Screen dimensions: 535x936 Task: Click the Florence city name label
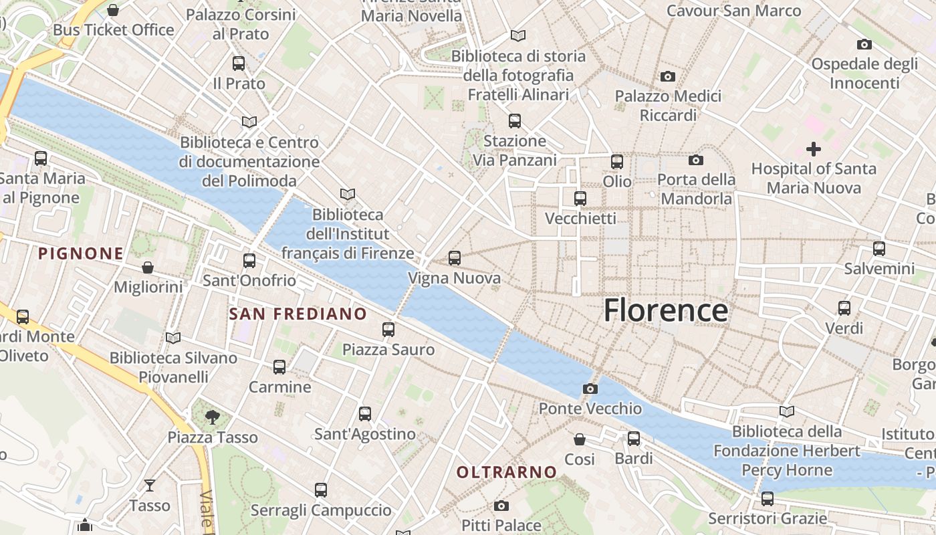point(666,311)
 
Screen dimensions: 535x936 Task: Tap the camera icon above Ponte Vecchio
point(590,389)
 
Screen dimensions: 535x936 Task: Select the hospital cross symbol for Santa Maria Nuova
point(813,148)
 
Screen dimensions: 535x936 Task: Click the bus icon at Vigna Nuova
point(455,257)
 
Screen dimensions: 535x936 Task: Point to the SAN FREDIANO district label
point(298,314)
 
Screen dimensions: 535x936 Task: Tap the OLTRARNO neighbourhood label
point(506,472)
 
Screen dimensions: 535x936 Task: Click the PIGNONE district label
point(80,253)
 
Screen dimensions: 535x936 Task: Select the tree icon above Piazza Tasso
point(212,417)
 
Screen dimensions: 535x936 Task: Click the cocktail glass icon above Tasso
point(150,485)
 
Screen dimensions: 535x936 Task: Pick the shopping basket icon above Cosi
point(580,439)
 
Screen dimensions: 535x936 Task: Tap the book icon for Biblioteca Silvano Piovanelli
point(173,338)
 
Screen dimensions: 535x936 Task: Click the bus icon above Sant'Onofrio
point(249,260)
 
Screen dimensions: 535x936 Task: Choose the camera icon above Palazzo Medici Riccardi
point(667,76)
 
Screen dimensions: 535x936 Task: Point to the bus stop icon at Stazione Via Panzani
point(514,121)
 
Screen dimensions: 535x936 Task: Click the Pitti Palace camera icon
point(501,506)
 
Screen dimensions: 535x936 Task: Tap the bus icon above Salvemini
point(879,249)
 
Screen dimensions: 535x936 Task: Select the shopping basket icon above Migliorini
point(148,267)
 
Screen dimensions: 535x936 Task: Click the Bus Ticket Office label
point(114,30)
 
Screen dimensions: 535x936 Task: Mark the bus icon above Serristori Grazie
point(767,498)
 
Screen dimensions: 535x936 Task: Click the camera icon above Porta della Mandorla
point(695,160)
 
